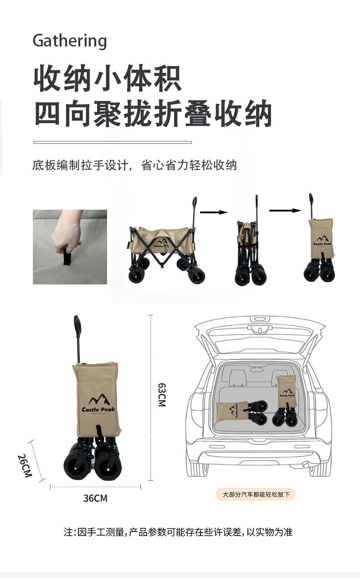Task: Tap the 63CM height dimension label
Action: point(162,395)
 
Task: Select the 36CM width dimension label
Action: point(95,498)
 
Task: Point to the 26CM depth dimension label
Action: point(25,466)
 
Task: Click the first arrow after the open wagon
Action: point(214,212)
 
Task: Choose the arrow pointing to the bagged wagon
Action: point(285,211)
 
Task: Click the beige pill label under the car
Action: point(255,495)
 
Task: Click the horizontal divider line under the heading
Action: point(113,142)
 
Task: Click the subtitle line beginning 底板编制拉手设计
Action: point(134,165)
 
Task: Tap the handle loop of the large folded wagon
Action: point(77,325)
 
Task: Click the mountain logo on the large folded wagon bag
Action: point(99,400)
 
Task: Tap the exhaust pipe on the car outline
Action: point(306,464)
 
